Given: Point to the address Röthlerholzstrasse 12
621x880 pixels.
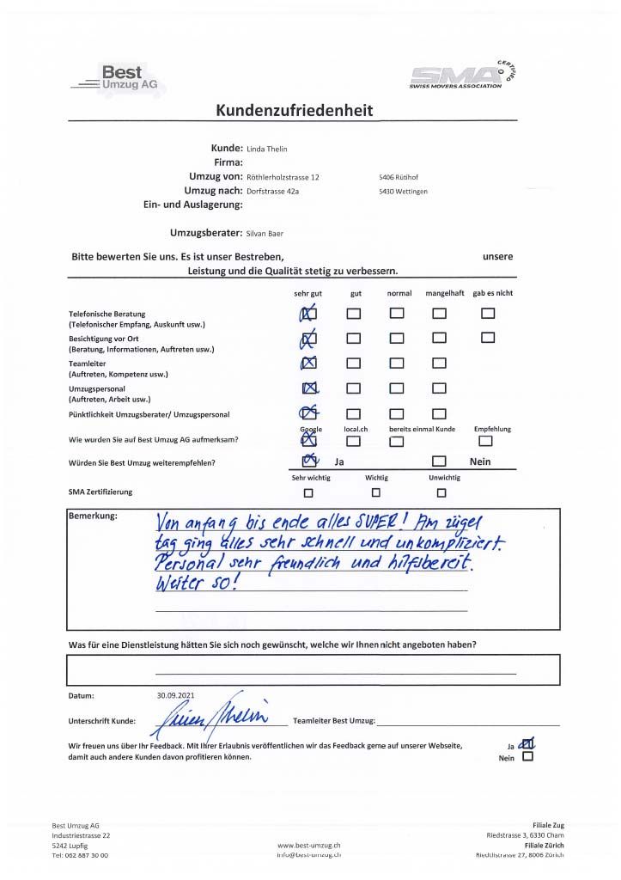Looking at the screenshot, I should [283, 177].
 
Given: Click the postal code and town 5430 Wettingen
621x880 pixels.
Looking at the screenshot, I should [403, 191].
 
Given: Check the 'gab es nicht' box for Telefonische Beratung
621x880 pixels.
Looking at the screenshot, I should [488, 314].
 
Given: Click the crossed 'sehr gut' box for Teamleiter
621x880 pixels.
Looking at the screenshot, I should [309, 363].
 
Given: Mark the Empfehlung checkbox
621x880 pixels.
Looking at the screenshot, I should [486, 441].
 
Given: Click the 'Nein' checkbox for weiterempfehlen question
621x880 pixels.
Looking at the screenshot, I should [439, 462].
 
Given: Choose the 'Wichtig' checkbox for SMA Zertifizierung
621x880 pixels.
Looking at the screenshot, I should [375, 492].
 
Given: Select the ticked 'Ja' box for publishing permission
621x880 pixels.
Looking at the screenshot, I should [527, 744].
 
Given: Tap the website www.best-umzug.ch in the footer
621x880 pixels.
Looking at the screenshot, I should [309, 845].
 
